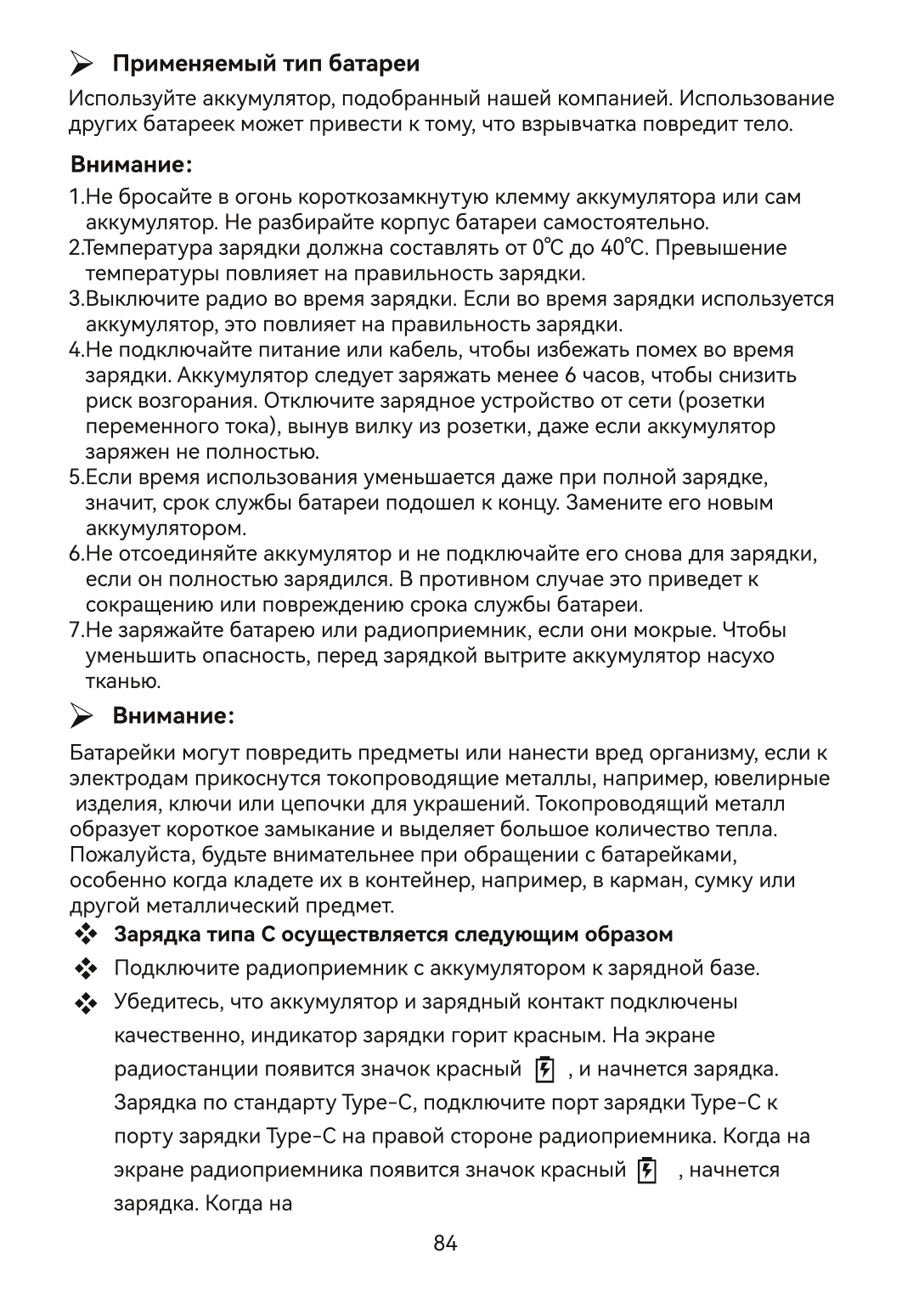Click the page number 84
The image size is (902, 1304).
point(445,1244)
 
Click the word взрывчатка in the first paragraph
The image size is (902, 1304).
point(568,125)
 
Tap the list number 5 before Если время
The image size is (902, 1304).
point(74,477)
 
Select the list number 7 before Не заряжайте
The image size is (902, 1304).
point(74,630)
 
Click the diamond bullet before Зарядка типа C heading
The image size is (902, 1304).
point(86,935)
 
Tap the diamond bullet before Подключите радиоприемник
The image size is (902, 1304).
point(86,969)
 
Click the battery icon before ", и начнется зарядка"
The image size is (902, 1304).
point(544,1070)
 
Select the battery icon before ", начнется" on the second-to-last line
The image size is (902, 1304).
point(647,1171)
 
